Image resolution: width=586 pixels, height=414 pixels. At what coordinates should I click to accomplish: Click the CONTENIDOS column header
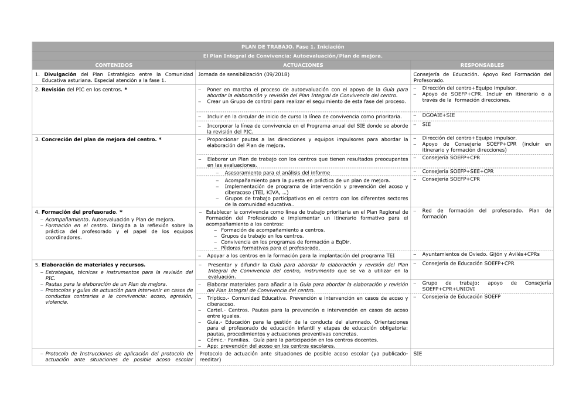(114, 65)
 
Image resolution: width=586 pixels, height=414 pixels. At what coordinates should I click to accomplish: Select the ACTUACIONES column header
(303, 65)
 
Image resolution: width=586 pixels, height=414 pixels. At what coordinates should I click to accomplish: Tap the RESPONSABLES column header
(482, 65)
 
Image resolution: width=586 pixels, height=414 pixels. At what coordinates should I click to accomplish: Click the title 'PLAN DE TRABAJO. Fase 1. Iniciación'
(292, 46)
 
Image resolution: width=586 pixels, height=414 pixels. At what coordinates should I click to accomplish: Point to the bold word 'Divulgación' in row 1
(60, 74)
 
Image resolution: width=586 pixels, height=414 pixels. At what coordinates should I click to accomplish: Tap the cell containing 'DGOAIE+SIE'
(438, 115)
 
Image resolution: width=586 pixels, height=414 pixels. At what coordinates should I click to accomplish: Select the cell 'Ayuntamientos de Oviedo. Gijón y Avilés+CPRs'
(481, 254)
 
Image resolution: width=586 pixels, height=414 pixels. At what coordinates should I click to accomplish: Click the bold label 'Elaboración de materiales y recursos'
(93, 265)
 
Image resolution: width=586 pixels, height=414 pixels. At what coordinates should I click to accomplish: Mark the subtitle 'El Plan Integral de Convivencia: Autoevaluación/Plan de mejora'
(292, 56)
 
